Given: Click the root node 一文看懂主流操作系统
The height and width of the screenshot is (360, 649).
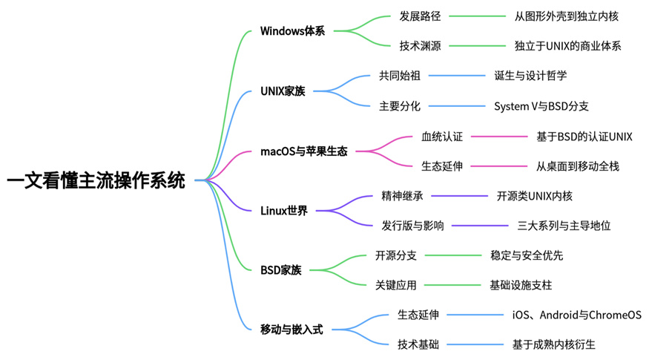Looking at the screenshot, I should [x=96, y=180].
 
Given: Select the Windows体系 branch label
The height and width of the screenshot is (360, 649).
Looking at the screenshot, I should [x=292, y=31].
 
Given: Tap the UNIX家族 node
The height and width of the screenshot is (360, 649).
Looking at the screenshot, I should [x=283, y=91].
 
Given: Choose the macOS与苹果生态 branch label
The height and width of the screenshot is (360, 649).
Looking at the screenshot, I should [x=303, y=151].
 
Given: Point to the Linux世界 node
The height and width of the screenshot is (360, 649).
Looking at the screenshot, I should [x=284, y=211].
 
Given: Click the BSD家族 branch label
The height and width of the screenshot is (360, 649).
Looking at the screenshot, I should [x=281, y=271].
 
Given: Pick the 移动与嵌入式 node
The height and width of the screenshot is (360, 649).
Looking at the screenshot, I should [x=291, y=330].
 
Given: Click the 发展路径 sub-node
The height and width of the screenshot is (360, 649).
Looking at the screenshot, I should [x=420, y=16].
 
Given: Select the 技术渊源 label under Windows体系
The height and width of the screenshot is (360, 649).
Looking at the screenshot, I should [x=420, y=46].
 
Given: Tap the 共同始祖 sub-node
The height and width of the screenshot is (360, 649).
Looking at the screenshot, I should [x=399, y=76].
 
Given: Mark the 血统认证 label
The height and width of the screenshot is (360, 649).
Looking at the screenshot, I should [x=441, y=137].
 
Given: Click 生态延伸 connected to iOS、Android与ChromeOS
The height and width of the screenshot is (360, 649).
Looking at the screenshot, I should [x=418, y=315].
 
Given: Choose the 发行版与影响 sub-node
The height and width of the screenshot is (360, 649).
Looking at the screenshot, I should [x=412, y=226].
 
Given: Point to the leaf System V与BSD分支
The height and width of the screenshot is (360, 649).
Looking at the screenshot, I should [x=541, y=106].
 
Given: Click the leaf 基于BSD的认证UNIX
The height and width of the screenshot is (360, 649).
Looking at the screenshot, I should [x=584, y=137].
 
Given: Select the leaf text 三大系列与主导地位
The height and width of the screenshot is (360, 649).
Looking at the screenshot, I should [x=564, y=226].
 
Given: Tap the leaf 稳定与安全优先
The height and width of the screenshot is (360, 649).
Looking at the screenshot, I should [x=527, y=255].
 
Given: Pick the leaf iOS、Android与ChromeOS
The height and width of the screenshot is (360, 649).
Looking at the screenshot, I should [x=576, y=315].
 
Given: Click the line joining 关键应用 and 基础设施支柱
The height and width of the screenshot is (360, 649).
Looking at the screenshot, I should [x=452, y=285].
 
